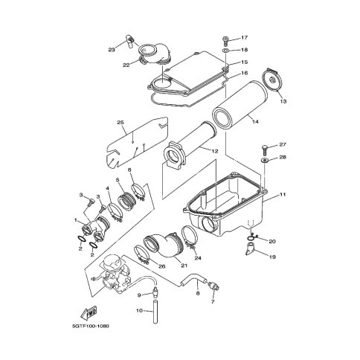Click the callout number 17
pyautogui.click(x=244, y=38)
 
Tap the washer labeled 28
pyautogui.click(x=265, y=160)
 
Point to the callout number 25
pyautogui.click(x=120, y=123)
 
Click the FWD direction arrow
pyautogui.click(x=89, y=313)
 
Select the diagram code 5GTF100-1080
pyautogui.click(x=91, y=326)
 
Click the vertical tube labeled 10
pyautogui.click(x=155, y=312)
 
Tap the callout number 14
pyautogui.click(x=255, y=121)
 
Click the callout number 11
pyautogui.click(x=283, y=194)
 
